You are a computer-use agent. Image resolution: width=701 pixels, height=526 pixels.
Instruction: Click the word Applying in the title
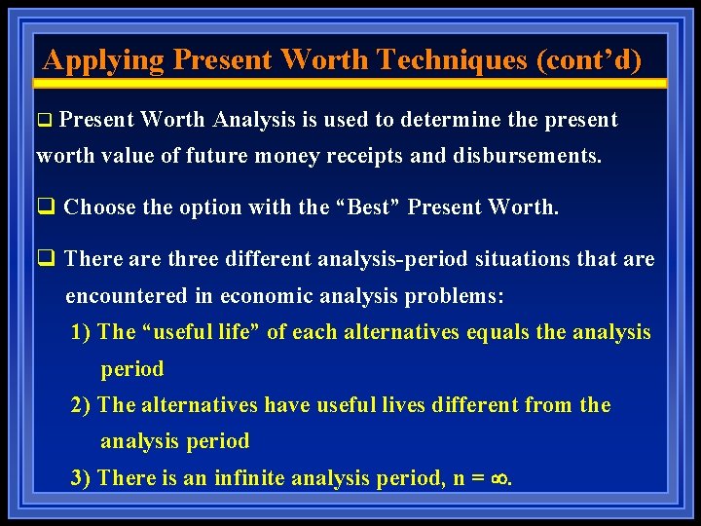[104, 60]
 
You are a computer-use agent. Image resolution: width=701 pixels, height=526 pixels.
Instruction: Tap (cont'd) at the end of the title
[588, 60]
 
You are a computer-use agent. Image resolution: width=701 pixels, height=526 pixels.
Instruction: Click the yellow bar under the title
[350, 84]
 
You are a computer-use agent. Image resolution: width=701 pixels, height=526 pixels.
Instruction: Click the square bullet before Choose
[44, 207]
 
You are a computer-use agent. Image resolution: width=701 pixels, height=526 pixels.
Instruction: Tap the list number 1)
[82, 332]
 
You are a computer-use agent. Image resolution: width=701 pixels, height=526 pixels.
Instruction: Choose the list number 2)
[82, 404]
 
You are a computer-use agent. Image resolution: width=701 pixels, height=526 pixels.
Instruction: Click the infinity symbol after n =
[501, 478]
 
